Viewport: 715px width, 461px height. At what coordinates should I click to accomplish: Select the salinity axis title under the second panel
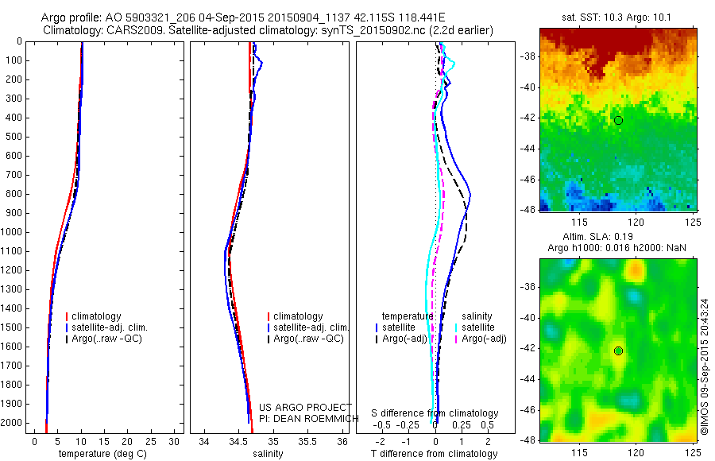[267, 454]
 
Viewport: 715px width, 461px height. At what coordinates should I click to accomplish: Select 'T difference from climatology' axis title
[434, 454]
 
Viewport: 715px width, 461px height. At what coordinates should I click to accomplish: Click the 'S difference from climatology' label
[435, 413]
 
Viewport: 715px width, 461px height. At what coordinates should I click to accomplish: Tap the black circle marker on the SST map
[618, 120]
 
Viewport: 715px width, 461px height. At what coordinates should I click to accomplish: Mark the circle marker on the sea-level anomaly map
[618, 351]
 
